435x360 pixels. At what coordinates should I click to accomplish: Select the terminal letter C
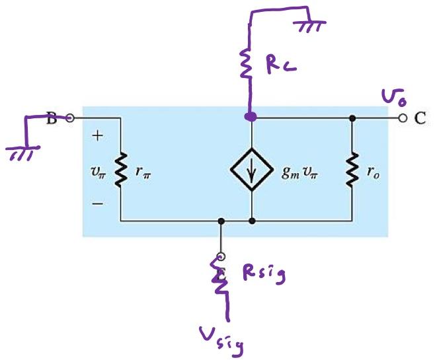420,119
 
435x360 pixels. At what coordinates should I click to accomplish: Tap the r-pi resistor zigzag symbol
121,170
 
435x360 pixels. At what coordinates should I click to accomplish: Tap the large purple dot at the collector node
250,118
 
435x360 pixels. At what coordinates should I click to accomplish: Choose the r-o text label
374,174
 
